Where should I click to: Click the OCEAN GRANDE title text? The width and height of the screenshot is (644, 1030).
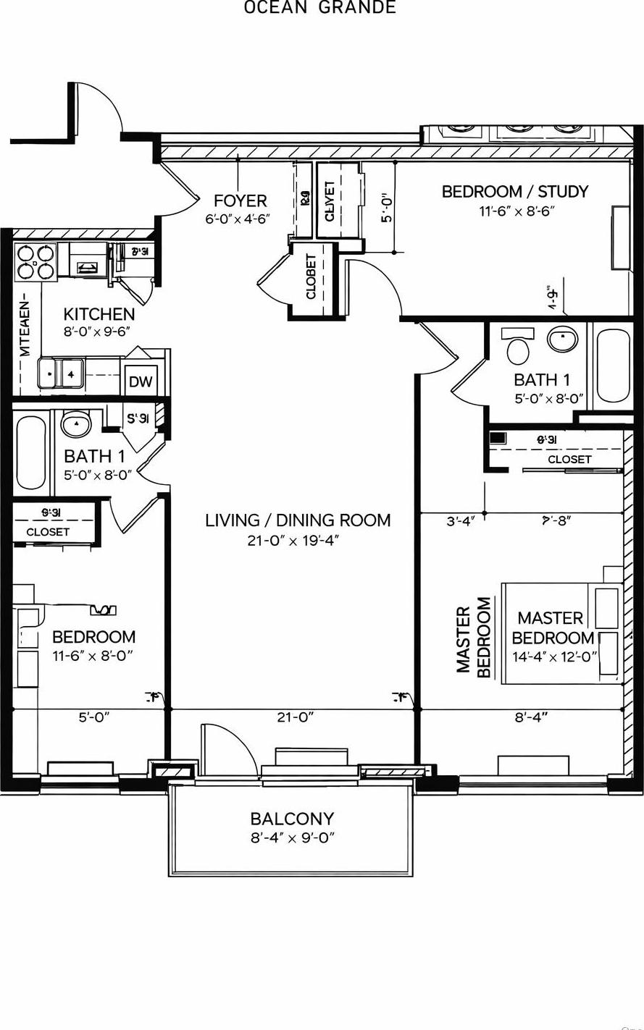(319, 8)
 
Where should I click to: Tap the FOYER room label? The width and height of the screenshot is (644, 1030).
(240, 200)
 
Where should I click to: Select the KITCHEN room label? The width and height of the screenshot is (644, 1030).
(99, 314)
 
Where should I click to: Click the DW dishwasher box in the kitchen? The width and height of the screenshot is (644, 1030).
(141, 381)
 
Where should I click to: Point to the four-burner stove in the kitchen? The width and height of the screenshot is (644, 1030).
(36, 262)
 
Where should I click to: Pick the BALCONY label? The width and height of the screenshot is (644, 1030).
(292, 819)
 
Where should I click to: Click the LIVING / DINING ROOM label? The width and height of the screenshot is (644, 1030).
(298, 520)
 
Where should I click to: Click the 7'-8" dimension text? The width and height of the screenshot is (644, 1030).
(554, 520)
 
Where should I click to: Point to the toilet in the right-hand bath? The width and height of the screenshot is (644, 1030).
(519, 347)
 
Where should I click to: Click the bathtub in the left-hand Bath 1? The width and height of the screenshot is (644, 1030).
(31, 452)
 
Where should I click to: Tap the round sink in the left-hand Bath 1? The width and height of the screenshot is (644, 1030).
(76, 424)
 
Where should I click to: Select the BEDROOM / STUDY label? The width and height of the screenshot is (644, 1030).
(514, 192)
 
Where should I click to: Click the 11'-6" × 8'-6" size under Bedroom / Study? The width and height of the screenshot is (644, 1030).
(516, 211)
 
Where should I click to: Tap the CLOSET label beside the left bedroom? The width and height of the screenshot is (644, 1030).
(48, 531)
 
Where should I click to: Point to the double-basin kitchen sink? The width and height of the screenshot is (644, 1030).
(62, 374)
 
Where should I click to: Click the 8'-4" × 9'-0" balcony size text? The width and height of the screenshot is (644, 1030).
(291, 838)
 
